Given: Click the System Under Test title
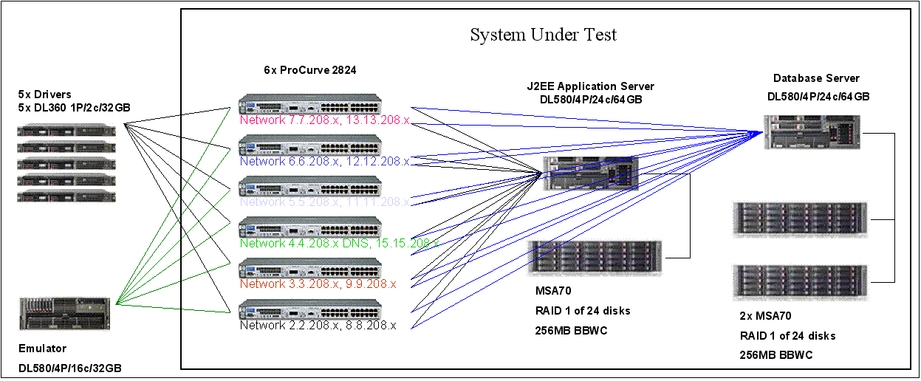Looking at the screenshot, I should pyautogui.click(x=543, y=35).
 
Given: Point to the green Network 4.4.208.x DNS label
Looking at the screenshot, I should pyautogui.click(x=338, y=243).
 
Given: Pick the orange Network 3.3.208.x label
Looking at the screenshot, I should pyautogui.click(x=318, y=284).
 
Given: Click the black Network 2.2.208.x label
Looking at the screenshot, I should pyautogui.click(x=318, y=325).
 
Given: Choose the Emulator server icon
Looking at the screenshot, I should pyautogui.click(x=64, y=314).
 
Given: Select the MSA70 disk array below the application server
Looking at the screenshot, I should pyautogui.click(x=596, y=258).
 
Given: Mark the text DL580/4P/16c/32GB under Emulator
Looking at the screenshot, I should pyautogui.click(x=70, y=367).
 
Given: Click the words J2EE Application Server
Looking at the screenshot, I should pyautogui.click(x=586, y=86).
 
